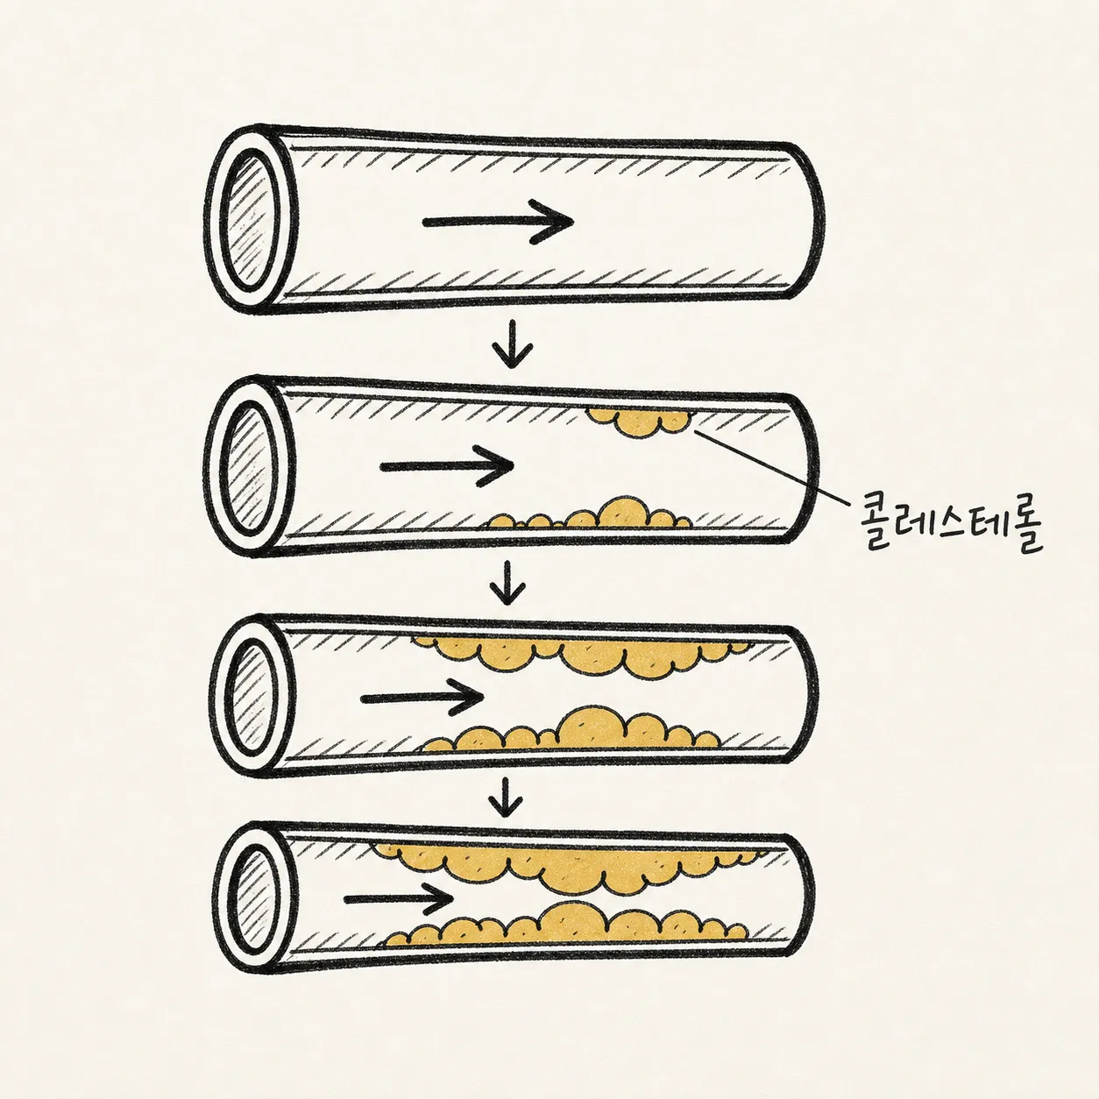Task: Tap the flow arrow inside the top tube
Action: tap(498, 221)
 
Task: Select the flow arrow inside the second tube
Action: tap(447, 466)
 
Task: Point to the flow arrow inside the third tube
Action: tap(422, 698)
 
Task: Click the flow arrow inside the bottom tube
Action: tap(399, 899)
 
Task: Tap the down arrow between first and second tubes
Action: tap(512, 344)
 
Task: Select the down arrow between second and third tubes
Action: tap(507, 582)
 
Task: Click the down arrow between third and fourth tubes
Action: tap(506, 797)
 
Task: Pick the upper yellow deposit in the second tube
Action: tap(639, 422)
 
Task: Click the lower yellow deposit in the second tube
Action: tap(589, 514)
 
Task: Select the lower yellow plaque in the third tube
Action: tap(571, 729)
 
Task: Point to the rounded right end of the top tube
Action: tap(820, 221)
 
